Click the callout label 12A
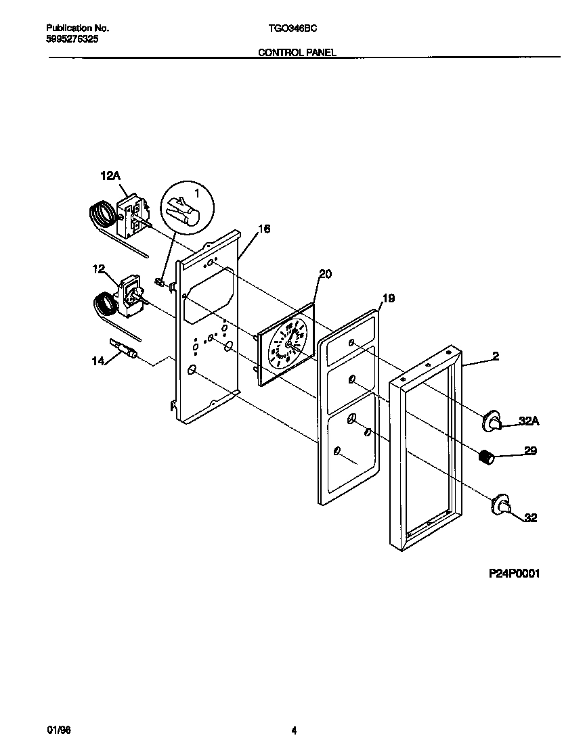tap(110, 176)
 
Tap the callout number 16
tap(264, 229)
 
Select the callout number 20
tap(326, 273)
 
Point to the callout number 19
tap(389, 298)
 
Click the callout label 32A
tap(529, 421)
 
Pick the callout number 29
tap(531, 450)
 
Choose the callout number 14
tap(99, 361)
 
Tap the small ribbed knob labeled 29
tap(485, 458)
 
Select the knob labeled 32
tap(502, 505)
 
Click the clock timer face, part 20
tap(287, 344)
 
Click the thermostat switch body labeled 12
tap(130, 295)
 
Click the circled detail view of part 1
tap(186, 208)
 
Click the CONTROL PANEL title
tap(297, 52)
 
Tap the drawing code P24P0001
tap(515, 574)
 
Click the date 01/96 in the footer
tap(57, 730)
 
